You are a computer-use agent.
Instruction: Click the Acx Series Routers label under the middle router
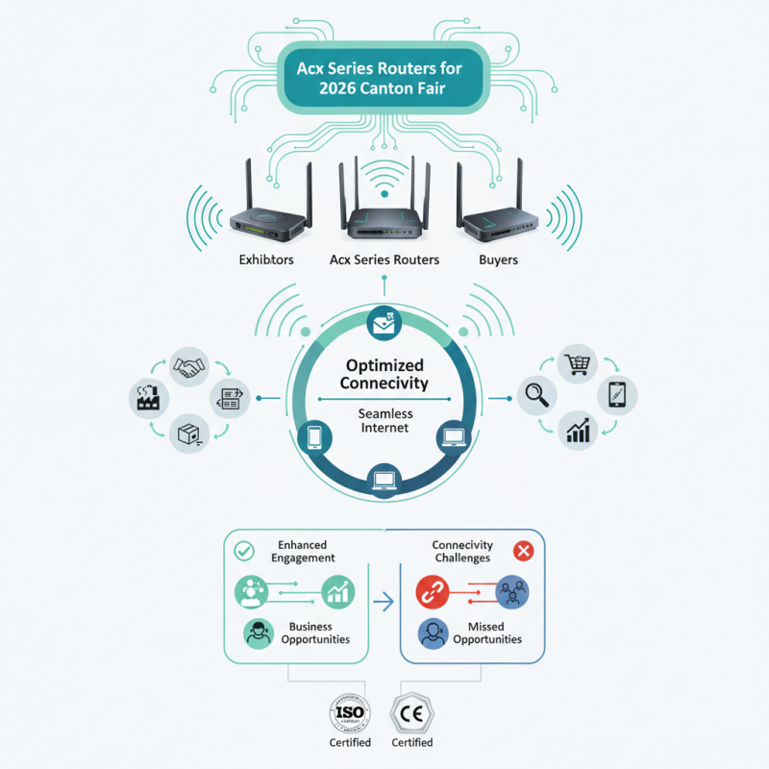tap(384, 260)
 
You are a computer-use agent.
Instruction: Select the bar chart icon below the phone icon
tap(579, 429)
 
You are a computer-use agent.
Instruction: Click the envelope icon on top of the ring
tap(384, 325)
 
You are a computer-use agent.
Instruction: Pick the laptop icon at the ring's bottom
tap(384, 477)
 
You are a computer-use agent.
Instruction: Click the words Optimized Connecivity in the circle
tap(384, 375)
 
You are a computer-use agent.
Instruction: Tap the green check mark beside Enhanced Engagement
tap(244, 550)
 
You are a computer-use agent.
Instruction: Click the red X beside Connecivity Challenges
tap(524, 551)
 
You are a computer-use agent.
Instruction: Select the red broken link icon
tap(433, 592)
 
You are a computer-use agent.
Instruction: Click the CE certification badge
tap(411, 712)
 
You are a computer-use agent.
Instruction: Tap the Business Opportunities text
tap(316, 633)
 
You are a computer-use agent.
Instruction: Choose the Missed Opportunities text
tap(487, 633)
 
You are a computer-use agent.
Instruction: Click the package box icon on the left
tap(188, 434)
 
